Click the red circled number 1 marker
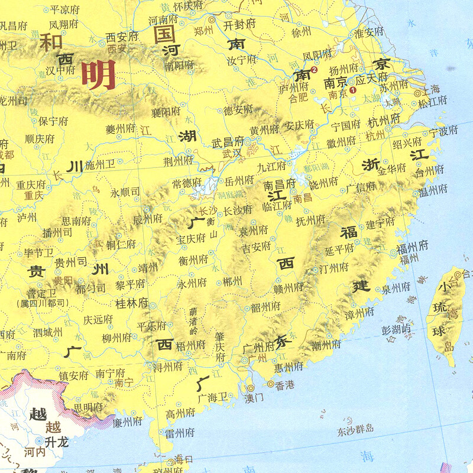(354, 90)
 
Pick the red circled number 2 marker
(314, 70)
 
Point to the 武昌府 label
(228, 142)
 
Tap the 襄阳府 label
(164, 111)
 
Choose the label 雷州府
(180, 433)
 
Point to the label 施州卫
(100, 164)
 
